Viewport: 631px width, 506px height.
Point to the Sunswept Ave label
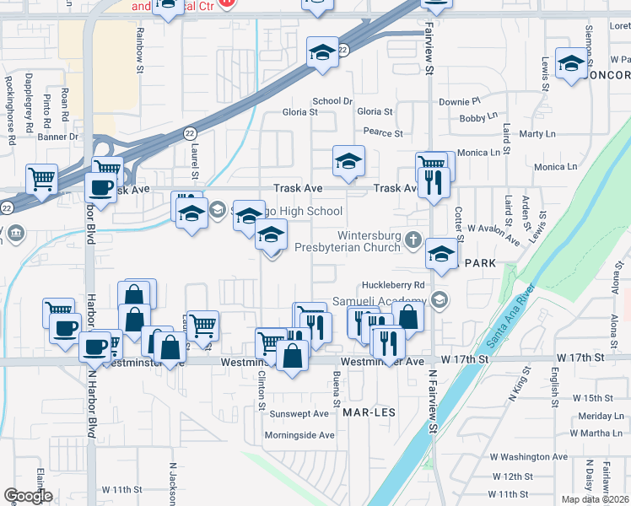pos(299,414)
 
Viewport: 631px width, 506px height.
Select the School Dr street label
pos(332,101)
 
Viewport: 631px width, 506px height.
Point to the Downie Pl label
pos(459,101)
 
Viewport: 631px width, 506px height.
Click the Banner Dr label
pos(57,136)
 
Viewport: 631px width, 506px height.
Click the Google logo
pos(28,496)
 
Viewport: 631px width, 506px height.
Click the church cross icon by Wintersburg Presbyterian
pos(413,240)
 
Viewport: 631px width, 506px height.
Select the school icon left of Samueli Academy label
pos(439,299)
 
